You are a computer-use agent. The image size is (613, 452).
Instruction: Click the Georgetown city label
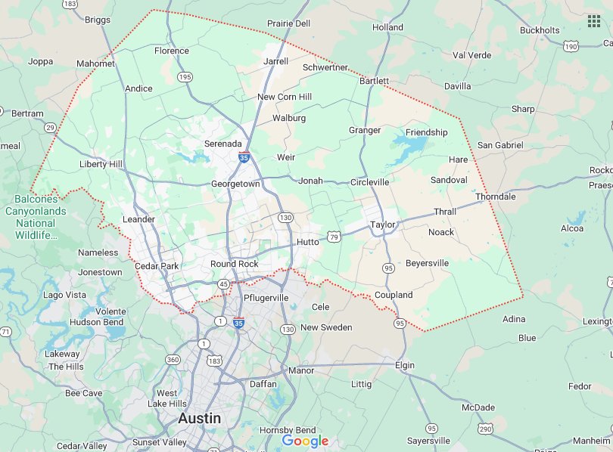[x=235, y=184]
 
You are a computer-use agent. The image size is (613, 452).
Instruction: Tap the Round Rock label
[x=234, y=264]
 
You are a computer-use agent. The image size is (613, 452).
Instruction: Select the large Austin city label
[x=200, y=418]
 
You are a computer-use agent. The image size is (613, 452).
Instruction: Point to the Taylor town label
[x=383, y=224]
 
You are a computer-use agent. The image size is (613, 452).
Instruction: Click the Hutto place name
[x=307, y=242]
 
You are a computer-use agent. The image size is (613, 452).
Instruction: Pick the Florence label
[x=172, y=51]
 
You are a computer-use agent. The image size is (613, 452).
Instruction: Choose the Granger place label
[x=365, y=130]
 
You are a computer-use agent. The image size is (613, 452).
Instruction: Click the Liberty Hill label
[x=101, y=164]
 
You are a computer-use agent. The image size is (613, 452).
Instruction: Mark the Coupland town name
[x=394, y=295]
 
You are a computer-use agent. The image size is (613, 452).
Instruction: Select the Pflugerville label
[x=266, y=298]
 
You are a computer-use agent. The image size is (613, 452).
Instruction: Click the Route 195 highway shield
[x=185, y=77]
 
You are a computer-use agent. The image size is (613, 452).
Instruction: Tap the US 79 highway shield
[x=334, y=237]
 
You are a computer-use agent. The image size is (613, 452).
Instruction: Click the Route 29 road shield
[x=50, y=128]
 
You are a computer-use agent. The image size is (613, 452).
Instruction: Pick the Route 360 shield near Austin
[x=173, y=360]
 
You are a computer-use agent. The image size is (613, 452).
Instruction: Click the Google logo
[x=305, y=441]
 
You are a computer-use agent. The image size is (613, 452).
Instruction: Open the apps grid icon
[x=593, y=20]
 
